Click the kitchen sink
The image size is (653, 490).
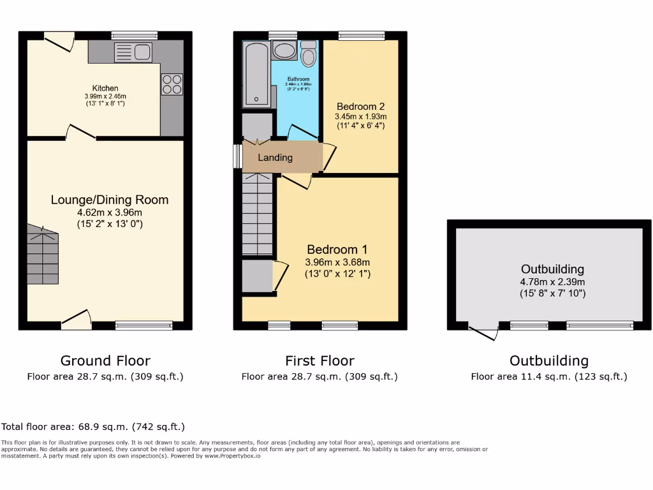133,52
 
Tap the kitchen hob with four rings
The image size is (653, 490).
172,84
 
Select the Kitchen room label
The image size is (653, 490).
105,88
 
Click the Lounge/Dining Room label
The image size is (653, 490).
110,200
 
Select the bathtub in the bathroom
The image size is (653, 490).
256,74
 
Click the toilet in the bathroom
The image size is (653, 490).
309,55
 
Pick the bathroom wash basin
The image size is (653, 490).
283,51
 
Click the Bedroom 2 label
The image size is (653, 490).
361,106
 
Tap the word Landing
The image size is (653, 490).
275,158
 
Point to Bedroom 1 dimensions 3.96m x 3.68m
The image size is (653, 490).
338,262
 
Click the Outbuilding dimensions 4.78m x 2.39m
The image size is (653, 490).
552,281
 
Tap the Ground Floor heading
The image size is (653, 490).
105,360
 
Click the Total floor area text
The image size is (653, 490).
93,426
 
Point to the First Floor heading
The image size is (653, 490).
319,360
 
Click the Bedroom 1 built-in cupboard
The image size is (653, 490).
257,276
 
